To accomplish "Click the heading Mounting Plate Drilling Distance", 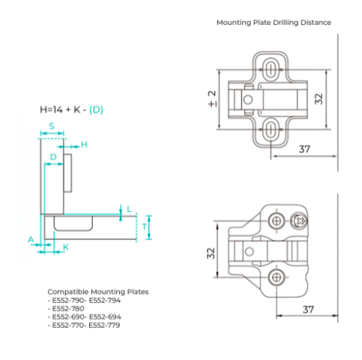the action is [x=274, y=22].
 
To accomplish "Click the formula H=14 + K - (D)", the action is [x=72, y=109].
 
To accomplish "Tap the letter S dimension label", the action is [x=52, y=126].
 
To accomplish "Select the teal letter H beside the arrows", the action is [x=84, y=144].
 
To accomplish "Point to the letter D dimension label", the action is [x=53, y=157].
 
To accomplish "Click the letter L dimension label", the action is [x=129, y=209].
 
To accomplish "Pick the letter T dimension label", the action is [x=144, y=227].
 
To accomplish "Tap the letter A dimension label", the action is [x=31, y=239].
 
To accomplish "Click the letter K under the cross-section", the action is [x=66, y=247].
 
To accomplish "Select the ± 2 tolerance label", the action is [x=212, y=99].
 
